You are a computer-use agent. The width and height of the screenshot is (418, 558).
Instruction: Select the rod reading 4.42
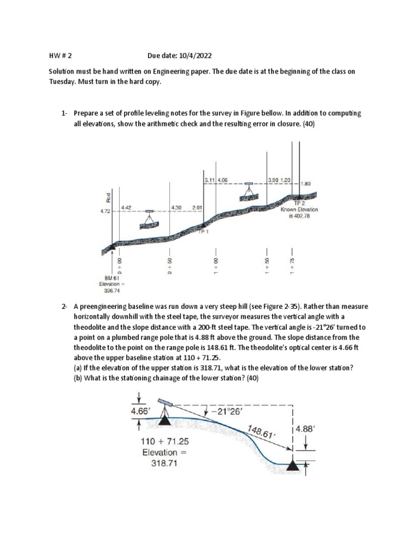pos(126,208)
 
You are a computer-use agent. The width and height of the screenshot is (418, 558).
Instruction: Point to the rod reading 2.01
pos(197,208)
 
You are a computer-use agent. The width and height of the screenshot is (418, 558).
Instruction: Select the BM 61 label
pos(112,278)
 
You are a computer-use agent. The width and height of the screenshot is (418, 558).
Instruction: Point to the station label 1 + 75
pos(293,262)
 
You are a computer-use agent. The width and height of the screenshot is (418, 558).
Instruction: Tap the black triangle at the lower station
pos(293,465)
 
